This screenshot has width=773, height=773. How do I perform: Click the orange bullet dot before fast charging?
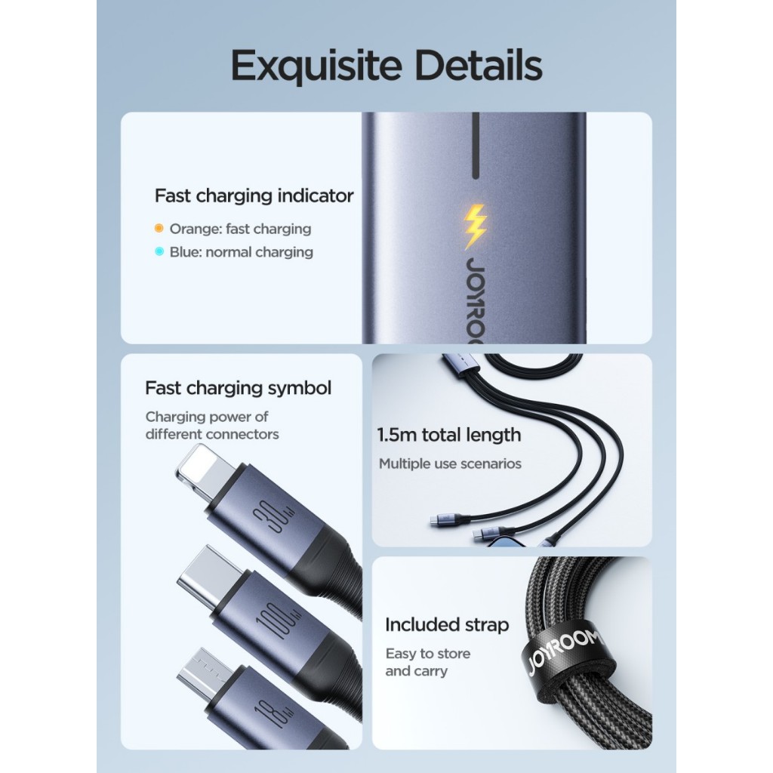159,228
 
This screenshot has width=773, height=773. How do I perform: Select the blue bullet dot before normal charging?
159,252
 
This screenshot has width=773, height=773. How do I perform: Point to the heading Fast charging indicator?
254,196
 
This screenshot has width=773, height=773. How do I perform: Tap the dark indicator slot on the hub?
475,146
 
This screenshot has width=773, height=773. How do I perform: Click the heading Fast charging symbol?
238,388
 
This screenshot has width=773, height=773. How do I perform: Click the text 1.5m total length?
449,435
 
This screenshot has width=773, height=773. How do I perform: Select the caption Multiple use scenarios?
450,463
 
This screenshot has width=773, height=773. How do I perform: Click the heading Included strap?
447,625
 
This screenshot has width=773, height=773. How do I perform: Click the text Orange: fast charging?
240,229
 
